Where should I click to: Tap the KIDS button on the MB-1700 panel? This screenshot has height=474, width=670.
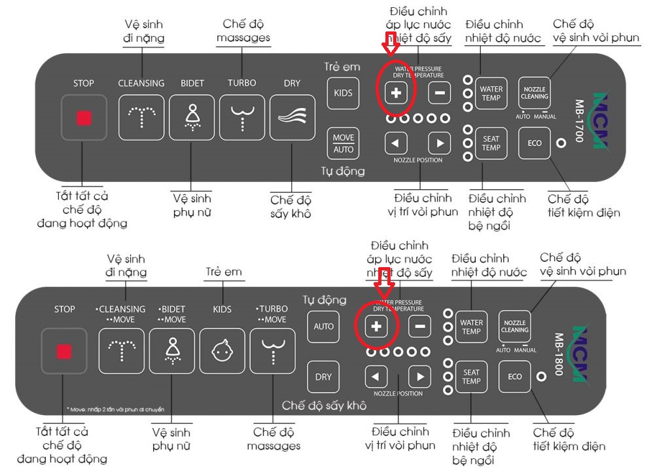coord(343,93)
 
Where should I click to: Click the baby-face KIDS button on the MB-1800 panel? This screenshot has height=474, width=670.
coord(222,350)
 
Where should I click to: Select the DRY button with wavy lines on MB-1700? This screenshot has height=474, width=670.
coord(292,118)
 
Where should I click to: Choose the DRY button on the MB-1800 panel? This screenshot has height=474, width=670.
coord(323,376)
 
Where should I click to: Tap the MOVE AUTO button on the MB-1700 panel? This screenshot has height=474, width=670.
coord(344,143)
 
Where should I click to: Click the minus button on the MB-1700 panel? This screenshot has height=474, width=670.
coord(440,93)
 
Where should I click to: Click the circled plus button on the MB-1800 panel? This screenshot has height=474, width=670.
coord(376,326)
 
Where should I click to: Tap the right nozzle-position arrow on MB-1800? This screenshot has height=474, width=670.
coord(419,376)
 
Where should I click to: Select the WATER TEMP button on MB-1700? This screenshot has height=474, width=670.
coord(491,94)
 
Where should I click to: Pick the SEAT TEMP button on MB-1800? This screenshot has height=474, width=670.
coord(471,376)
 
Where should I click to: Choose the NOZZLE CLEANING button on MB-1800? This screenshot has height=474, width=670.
coord(514,326)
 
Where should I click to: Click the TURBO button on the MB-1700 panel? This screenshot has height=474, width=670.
coord(242,118)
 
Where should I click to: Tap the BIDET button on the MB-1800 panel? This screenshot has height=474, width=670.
coord(172,350)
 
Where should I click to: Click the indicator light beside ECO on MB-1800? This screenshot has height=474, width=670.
coord(541,376)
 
